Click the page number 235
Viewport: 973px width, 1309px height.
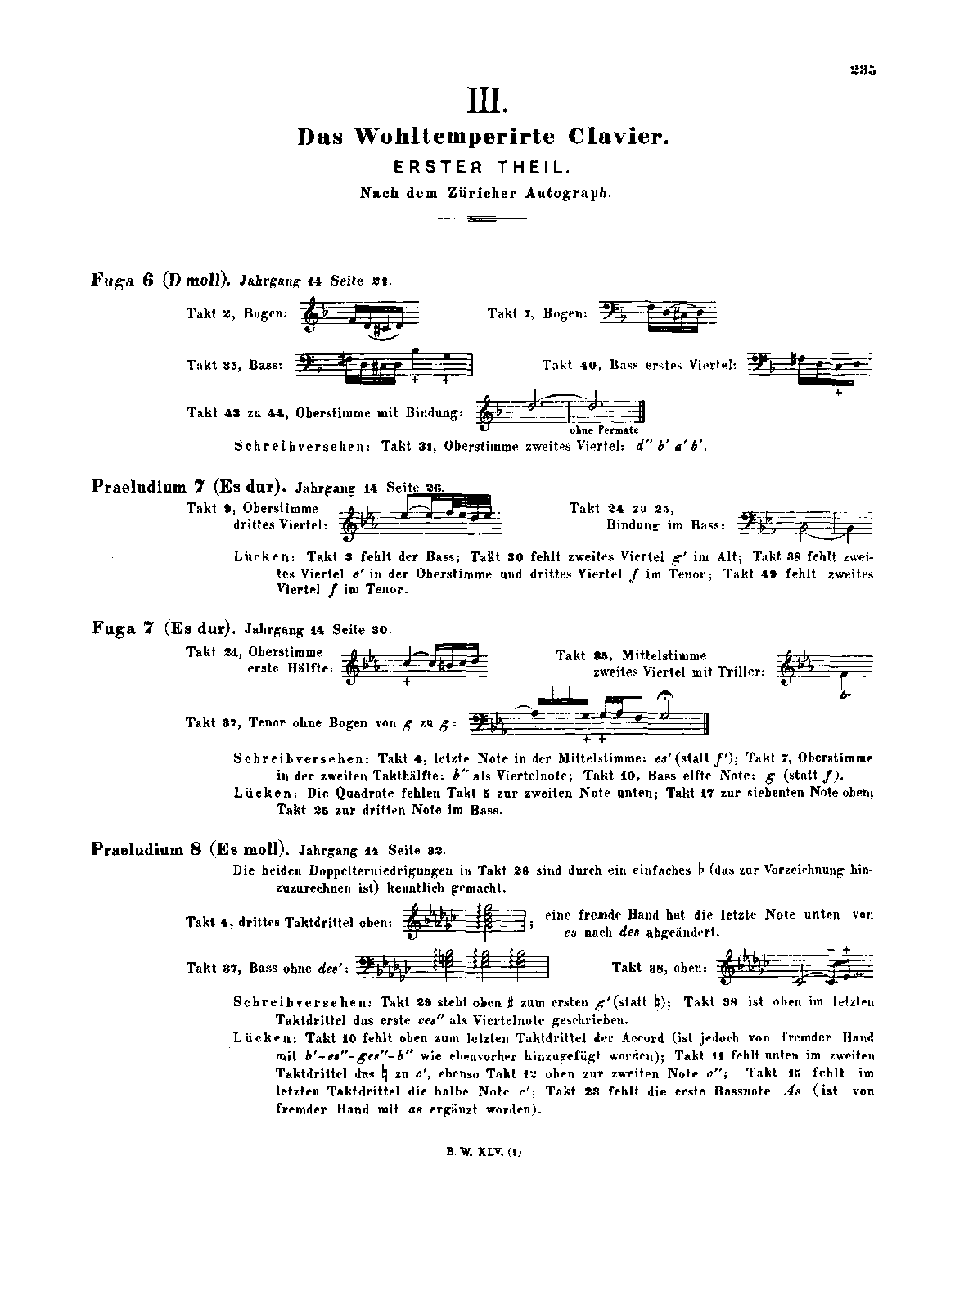pyautogui.click(x=862, y=71)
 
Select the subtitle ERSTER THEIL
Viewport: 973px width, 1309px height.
pyautogui.click(x=481, y=167)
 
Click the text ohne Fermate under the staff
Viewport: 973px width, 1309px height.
pyautogui.click(x=604, y=430)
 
